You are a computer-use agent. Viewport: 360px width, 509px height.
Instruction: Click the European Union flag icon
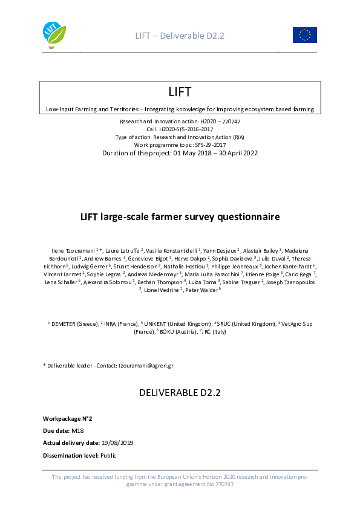point(305,35)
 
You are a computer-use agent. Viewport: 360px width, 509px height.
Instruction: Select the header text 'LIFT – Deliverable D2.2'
point(180,36)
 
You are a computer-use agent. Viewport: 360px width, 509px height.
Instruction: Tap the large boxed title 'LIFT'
point(180,92)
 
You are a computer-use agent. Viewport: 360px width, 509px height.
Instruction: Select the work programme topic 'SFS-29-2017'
point(211,145)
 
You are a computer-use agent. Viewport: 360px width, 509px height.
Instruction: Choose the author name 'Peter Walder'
point(201,290)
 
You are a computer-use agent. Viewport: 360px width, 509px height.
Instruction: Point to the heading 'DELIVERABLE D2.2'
point(180,392)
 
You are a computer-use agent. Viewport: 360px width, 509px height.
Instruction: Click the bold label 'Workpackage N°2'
point(67,418)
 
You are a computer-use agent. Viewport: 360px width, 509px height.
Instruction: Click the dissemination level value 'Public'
point(108,455)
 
